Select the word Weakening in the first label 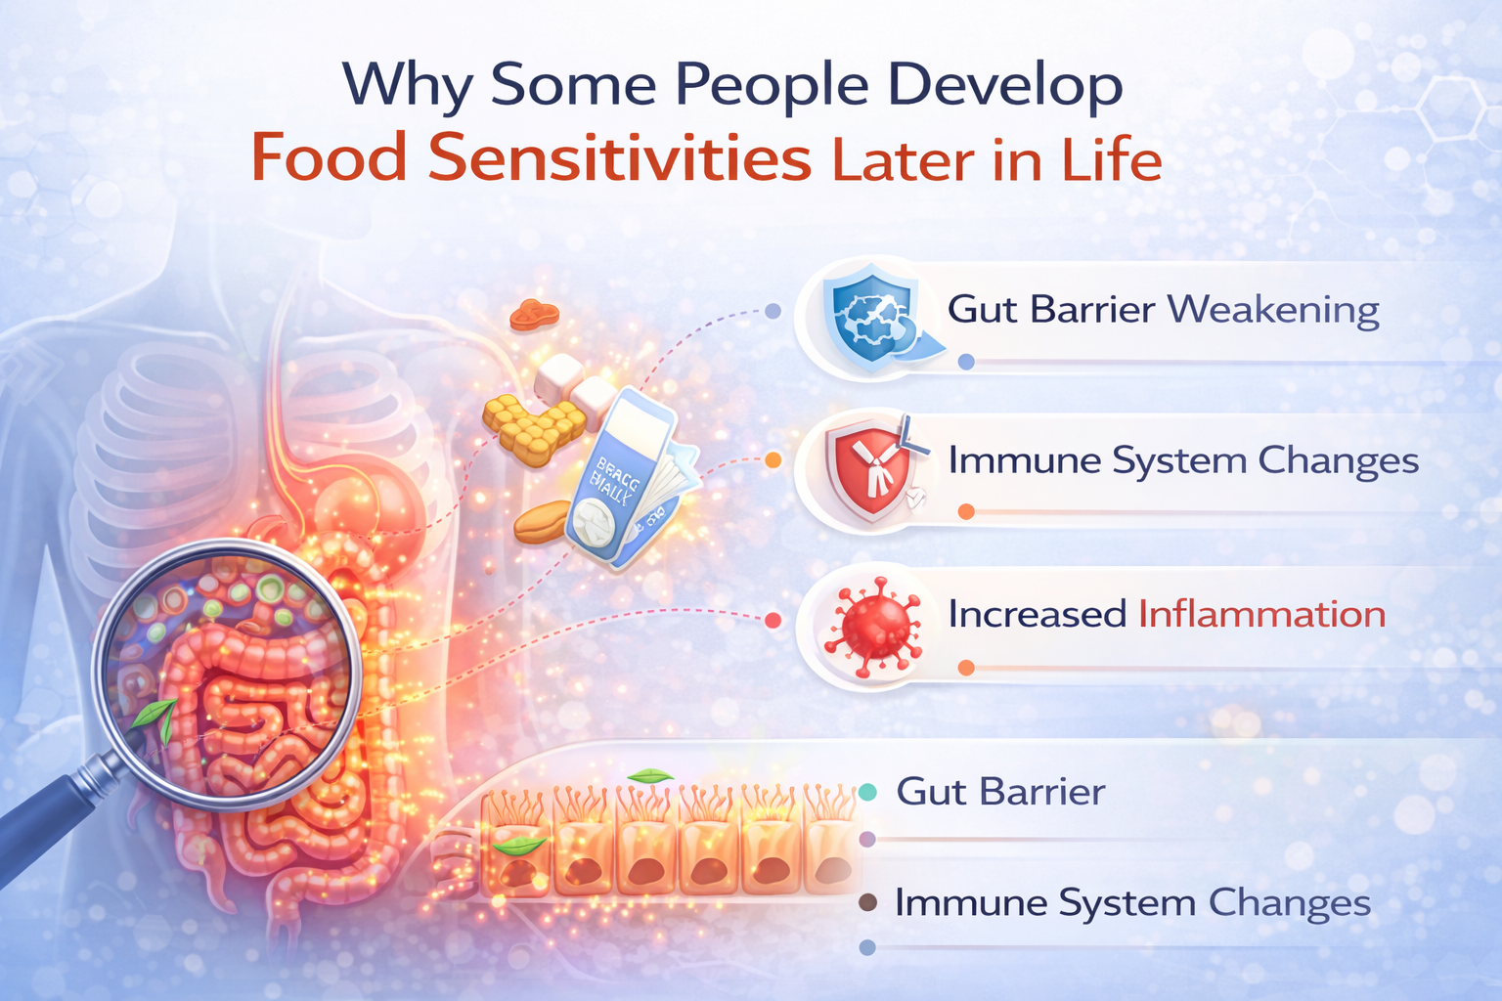click(1274, 310)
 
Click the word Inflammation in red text click(1261, 614)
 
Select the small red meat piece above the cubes click(534, 314)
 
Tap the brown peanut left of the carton click(542, 523)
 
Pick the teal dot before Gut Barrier click(867, 792)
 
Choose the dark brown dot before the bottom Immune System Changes click(867, 902)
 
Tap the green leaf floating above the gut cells click(649, 776)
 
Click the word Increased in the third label click(1037, 614)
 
